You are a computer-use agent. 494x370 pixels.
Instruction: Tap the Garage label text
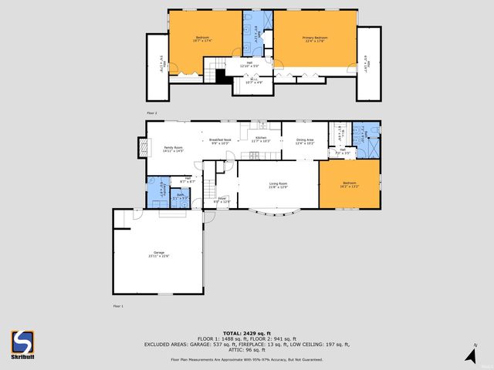click(x=158, y=253)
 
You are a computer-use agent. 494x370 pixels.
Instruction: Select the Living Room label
click(x=277, y=184)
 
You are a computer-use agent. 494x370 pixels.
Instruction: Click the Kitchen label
click(x=261, y=139)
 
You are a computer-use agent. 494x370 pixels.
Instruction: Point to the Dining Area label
click(x=305, y=140)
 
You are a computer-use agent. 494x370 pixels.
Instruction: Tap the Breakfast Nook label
click(x=221, y=140)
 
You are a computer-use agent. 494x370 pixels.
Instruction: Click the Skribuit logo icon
click(x=22, y=340)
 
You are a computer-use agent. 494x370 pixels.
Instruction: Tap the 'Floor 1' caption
click(x=118, y=306)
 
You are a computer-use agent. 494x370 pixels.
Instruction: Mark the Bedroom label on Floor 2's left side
click(x=202, y=38)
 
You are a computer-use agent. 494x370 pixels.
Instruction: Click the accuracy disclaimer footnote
click(x=247, y=359)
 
